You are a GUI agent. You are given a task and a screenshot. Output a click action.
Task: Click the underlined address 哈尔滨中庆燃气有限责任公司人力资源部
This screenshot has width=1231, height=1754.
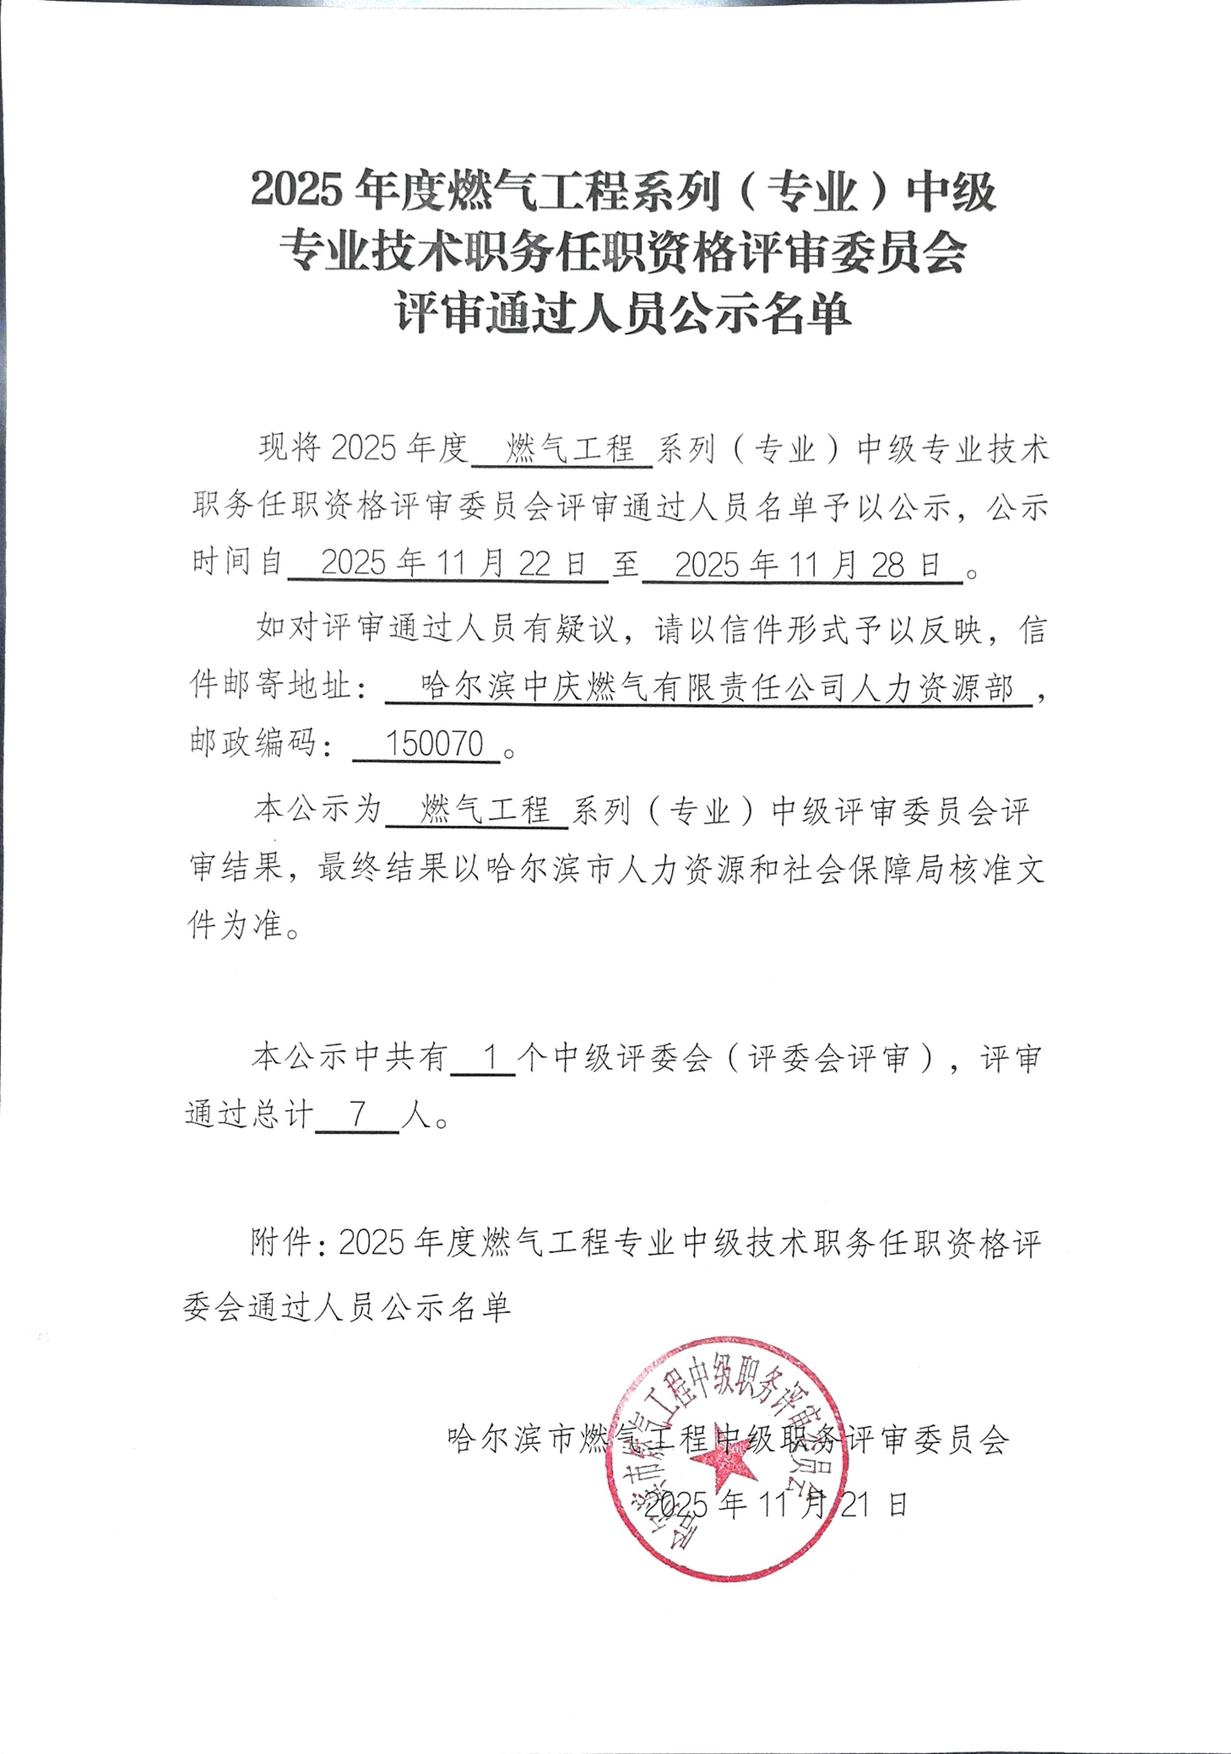[x=716, y=688]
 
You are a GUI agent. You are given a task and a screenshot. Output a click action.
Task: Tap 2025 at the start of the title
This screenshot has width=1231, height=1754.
[x=296, y=190]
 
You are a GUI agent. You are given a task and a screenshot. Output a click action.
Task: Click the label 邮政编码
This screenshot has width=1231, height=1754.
[x=253, y=743]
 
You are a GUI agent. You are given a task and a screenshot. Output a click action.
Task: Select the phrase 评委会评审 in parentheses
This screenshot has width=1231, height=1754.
[x=829, y=1057]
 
